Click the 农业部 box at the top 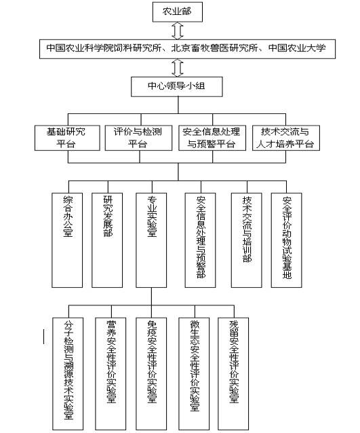click(178, 12)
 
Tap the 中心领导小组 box click(178, 86)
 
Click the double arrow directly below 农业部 click(178, 30)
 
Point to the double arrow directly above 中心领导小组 click(178, 67)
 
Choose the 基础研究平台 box click(68, 137)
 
